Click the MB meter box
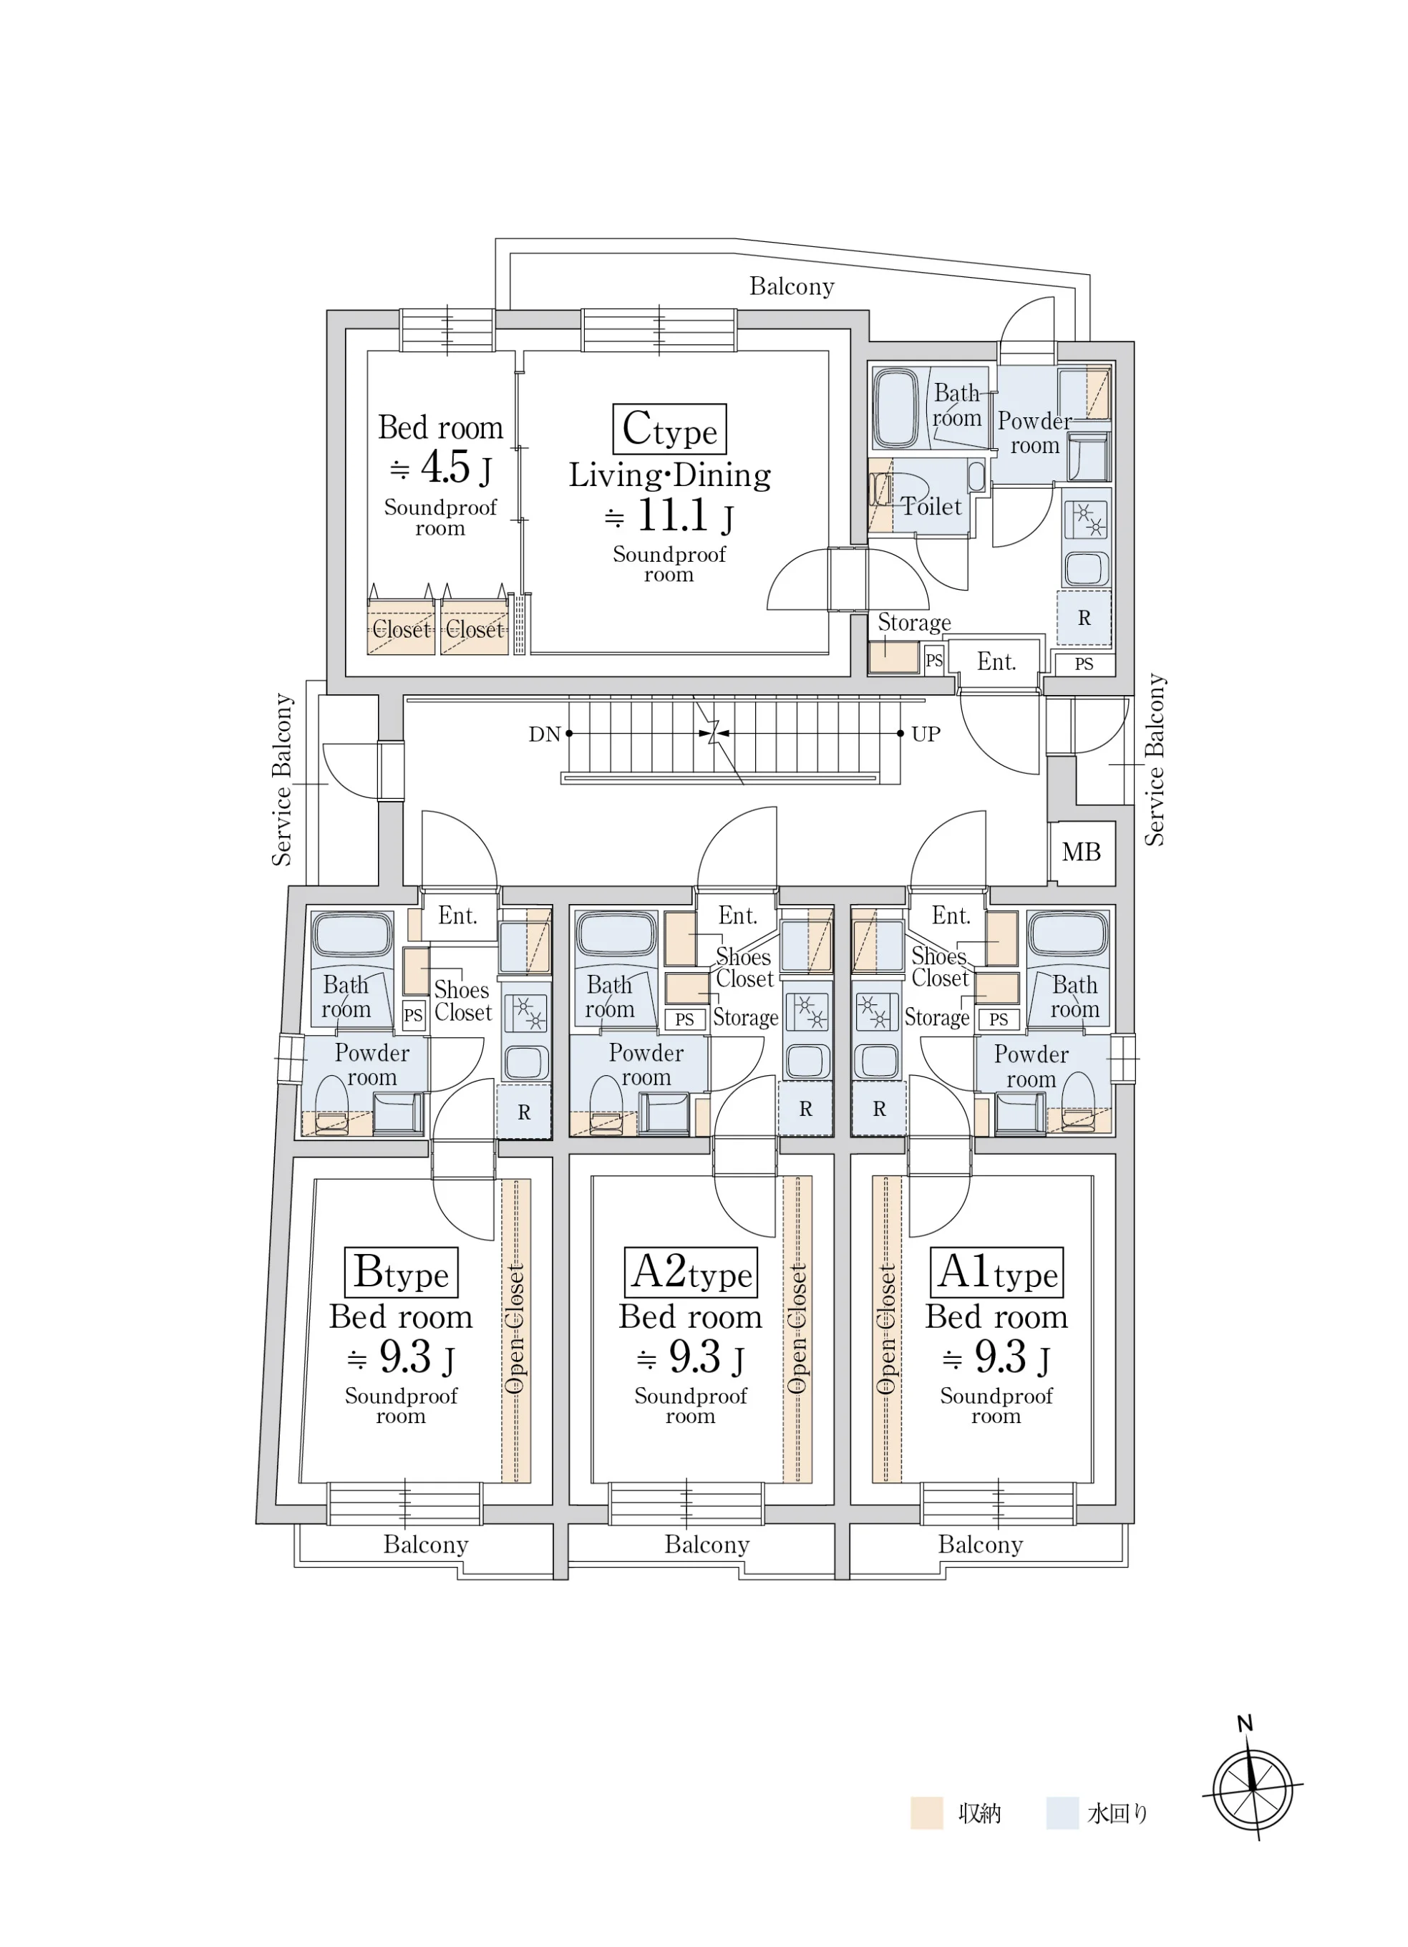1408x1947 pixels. click(x=1081, y=853)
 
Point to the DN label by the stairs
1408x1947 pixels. click(x=544, y=734)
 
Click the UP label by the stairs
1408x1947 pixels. click(x=926, y=734)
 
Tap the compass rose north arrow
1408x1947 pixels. click(x=1253, y=1788)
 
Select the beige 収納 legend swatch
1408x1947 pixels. click(x=926, y=1813)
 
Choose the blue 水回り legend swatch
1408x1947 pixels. click(x=1062, y=1813)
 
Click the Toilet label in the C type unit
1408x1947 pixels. click(x=931, y=507)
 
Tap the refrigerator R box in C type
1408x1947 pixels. click(x=1084, y=618)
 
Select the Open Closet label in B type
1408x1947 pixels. click(x=515, y=1328)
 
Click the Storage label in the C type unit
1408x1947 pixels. click(x=914, y=622)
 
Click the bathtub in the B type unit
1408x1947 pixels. click(x=350, y=935)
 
